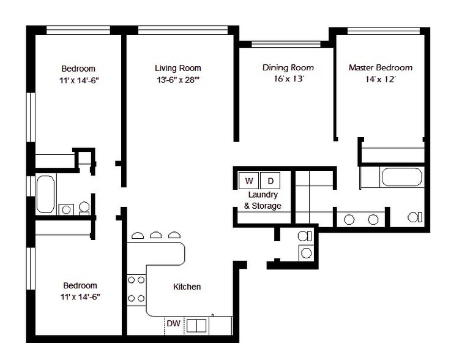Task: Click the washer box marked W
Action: click(x=249, y=181)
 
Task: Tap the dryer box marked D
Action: click(x=270, y=181)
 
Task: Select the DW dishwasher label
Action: click(x=173, y=323)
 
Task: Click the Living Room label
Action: click(x=177, y=68)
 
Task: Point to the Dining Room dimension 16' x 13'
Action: click(x=289, y=78)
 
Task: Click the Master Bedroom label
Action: click(x=381, y=67)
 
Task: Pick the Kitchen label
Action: click(x=187, y=287)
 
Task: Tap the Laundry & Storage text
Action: click(x=263, y=200)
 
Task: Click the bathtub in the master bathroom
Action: click(x=402, y=178)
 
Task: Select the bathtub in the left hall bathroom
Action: click(x=45, y=194)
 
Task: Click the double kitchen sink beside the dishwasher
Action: click(x=196, y=326)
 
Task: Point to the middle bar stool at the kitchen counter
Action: click(x=156, y=235)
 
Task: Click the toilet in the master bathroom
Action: click(x=415, y=217)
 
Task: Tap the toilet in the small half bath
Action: click(x=305, y=236)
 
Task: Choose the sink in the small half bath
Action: click(x=306, y=253)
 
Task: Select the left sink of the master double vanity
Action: click(x=349, y=220)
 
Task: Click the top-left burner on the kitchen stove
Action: click(x=132, y=280)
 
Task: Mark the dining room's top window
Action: click(x=286, y=44)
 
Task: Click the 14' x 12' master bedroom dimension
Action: click(x=381, y=79)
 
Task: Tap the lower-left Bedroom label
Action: click(x=80, y=285)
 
